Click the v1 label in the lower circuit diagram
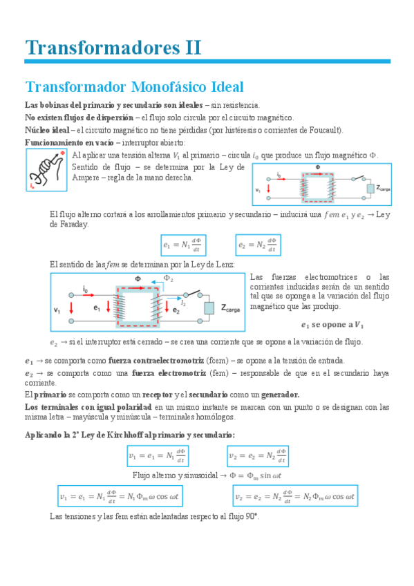click(x=57, y=309)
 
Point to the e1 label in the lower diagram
click(x=97, y=309)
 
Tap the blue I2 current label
click(x=183, y=302)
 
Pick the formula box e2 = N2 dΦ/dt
click(x=256, y=244)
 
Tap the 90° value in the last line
click(x=252, y=516)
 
